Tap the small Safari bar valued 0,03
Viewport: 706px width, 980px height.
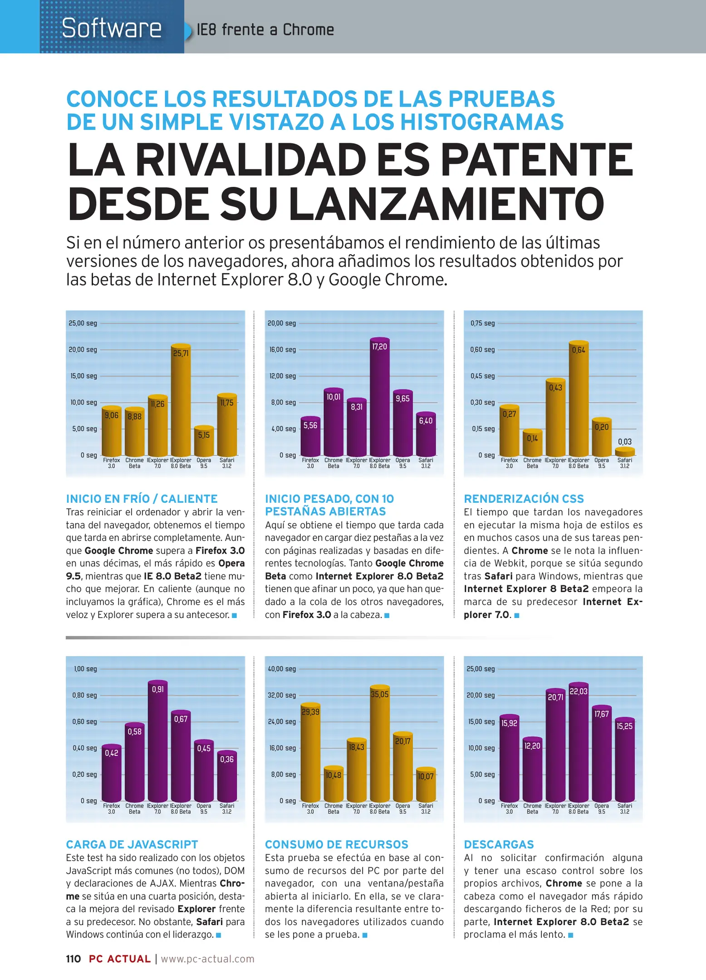coord(625,451)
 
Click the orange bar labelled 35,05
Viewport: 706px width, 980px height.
coord(379,745)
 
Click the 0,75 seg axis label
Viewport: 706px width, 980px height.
coord(482,323)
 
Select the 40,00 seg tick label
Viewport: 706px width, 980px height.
coord(282,669)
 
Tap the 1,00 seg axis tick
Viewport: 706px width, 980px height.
coord(85,669)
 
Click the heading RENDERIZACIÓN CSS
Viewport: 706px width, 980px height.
coord(524,499)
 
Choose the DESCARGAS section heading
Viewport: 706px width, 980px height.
coord(499,844)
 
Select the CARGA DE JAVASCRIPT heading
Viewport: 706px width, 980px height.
coord(132,844)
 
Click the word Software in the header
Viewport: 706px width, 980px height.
coord(112,28)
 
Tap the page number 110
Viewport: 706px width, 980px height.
coord(73,959)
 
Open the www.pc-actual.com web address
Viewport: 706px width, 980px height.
coord(207,959)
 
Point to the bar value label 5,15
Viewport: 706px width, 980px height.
coord(204,435)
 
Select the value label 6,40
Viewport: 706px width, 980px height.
coord(426,421)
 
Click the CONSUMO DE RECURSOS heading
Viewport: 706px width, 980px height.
coord(336,844)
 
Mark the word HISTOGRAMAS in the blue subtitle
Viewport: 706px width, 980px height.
coord(481,122)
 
